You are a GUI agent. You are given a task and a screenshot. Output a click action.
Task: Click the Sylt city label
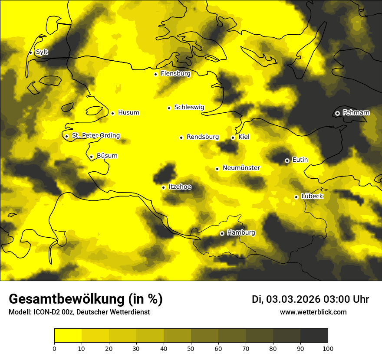tap(42, 52)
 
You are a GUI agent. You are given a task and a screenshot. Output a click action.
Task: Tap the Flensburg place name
tap(175, 74)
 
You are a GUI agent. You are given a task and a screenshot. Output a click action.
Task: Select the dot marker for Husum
tap(112, 113)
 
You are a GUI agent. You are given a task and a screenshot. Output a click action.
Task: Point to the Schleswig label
tap(189, 107)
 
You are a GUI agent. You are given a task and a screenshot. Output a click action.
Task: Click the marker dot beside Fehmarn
tap(337, 113)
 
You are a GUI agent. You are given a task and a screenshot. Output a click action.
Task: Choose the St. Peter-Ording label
tap(95, 136)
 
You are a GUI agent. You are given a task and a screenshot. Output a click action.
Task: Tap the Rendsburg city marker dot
tap(181, 137)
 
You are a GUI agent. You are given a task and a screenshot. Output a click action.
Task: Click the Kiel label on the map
tap(244, 137)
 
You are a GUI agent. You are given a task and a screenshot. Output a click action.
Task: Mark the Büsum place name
tap(107, 156)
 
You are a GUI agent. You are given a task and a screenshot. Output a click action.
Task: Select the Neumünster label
tap(241, 168)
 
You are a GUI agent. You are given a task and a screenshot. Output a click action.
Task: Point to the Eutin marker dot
tap(287, 160)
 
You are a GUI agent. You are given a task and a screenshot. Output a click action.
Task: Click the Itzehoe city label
tap(179, 187)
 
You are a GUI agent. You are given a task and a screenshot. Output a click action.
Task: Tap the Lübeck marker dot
tap(296, 197)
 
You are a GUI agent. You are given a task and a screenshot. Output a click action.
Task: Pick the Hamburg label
tap(241, 233)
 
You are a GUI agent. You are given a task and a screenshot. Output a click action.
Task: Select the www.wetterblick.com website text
tap(313, 312)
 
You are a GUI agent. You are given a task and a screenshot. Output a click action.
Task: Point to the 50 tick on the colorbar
tap(191, 348)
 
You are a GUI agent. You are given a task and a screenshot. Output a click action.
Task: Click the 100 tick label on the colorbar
tap(328, 348)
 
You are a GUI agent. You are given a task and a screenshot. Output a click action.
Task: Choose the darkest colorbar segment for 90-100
tap(314, 336)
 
